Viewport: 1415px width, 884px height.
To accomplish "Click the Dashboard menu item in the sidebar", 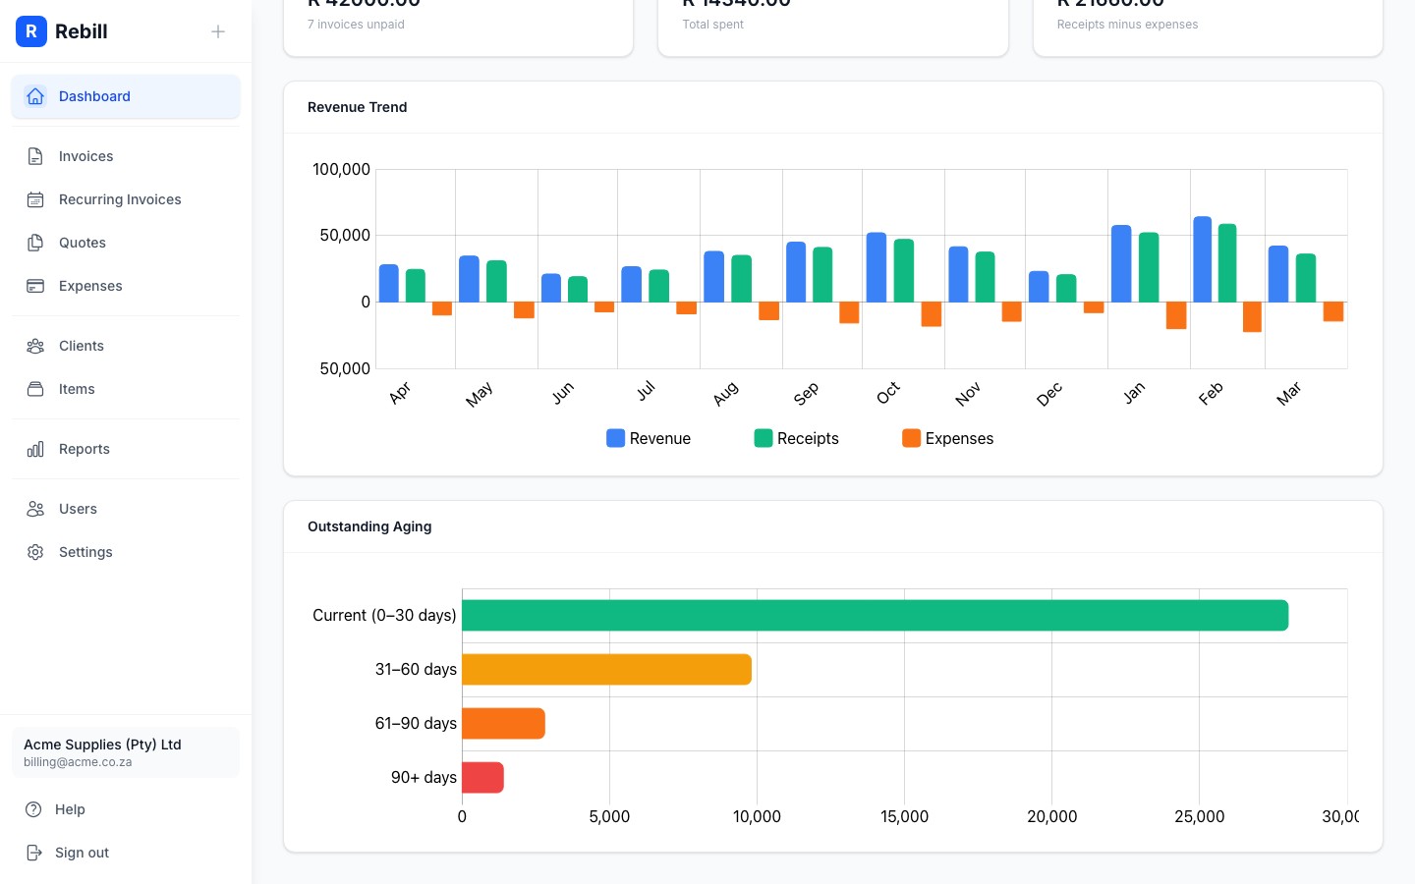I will (x=94, y=96).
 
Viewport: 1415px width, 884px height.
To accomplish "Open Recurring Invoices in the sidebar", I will (x=120, y=199).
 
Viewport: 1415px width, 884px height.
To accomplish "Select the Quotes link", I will (x=83, y=243).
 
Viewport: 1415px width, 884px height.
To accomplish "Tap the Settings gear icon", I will (x=35, y=552).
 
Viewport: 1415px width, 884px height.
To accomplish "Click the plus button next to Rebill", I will (x=218, y=31).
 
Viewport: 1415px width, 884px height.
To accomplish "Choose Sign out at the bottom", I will (x=82, y=853).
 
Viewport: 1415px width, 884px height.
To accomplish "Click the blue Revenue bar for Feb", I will (x=1202, y=259).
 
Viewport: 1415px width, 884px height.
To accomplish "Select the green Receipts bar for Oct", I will (x=903, y=270).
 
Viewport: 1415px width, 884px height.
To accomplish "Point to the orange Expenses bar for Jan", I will (x=1175, y=315).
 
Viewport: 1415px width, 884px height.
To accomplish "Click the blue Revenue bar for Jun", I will (x=551, y=288).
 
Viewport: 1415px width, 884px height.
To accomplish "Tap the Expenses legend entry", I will (x=947, y=438).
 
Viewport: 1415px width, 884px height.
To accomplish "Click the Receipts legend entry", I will (x=796, y=438).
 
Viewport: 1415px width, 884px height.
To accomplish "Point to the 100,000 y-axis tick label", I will (x=341, y=169).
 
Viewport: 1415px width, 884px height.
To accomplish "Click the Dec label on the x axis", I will (x=1048, y=394).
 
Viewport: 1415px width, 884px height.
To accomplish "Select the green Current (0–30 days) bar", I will (x=875, y=616).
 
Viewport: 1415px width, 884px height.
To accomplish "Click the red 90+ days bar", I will (x=482, y=777).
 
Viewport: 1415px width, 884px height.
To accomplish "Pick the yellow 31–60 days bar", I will (x=606, y=670).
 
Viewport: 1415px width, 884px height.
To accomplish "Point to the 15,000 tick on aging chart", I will (x=904, y=816).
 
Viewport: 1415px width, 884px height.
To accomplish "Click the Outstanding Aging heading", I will (x=369, y=526).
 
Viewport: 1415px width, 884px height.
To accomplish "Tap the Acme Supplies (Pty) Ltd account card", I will (x=126, y=752).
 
